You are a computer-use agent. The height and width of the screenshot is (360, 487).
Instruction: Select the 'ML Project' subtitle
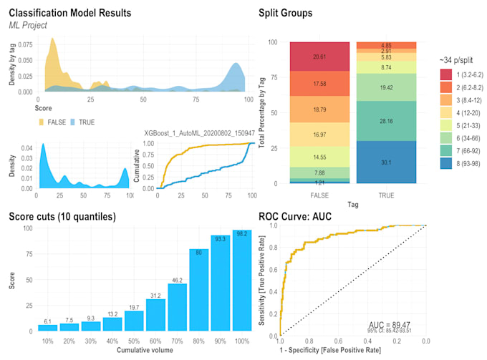pos(28,26)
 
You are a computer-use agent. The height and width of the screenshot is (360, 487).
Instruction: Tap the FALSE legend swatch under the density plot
pos(42,122)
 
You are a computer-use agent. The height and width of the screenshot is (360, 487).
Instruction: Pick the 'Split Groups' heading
pos(285,13)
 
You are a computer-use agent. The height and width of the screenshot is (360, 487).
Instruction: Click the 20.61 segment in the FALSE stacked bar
pos(319,57)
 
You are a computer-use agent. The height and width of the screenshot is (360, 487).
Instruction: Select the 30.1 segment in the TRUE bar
pos(385,162)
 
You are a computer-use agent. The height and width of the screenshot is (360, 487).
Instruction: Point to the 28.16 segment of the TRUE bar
pos(385,121)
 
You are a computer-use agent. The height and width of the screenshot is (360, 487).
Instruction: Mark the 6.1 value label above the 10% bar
pos(48,320)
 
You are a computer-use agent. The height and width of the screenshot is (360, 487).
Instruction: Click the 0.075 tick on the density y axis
pos(23,43)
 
